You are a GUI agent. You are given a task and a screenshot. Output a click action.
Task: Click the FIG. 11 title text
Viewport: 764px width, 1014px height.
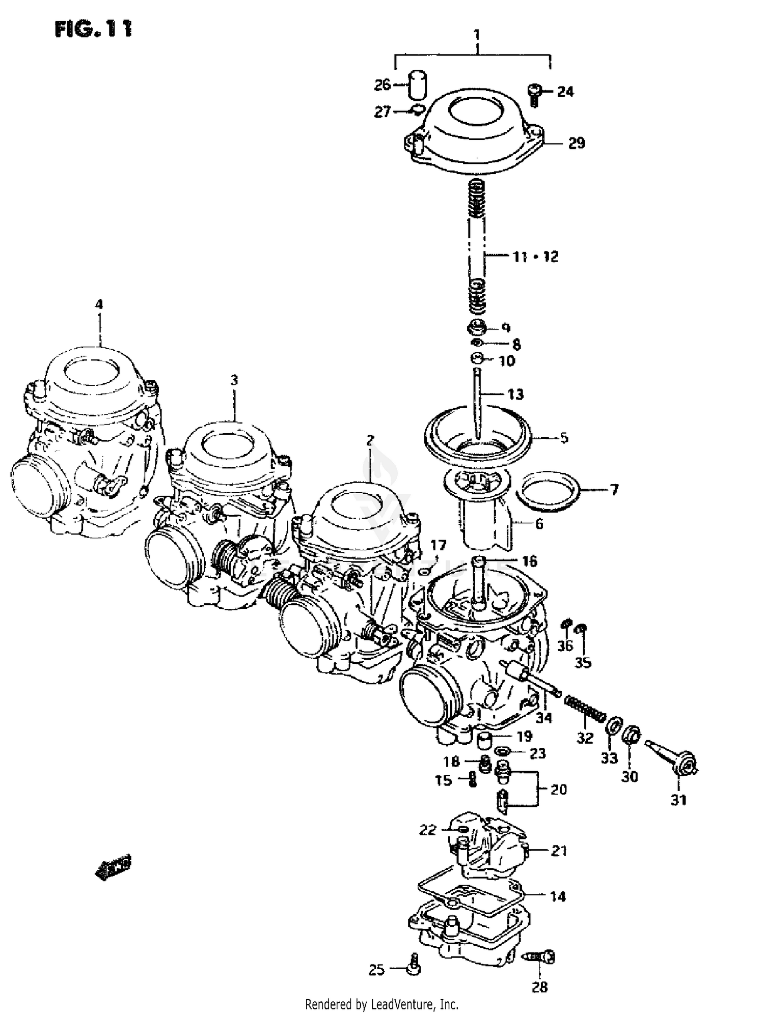(93, 29)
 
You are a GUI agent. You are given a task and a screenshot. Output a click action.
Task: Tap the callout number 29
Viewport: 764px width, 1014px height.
(577, 144)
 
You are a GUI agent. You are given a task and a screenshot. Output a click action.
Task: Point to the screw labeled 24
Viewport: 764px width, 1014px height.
(534, 94)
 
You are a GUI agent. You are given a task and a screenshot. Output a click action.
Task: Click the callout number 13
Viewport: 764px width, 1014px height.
(515, 394)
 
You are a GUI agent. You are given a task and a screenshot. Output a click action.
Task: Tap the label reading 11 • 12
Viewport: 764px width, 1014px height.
(535, 256)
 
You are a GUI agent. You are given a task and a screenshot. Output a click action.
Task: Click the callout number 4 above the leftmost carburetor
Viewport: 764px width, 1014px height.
(99, 304)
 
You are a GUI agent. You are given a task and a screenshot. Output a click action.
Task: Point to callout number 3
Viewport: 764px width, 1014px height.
(234, 380)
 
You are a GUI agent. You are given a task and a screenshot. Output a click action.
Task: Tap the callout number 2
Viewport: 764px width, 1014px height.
(370, 440)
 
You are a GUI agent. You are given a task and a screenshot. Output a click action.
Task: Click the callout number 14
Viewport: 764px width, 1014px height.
(558, 896)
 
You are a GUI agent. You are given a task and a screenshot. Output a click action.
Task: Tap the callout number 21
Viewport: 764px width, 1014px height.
(559, 851)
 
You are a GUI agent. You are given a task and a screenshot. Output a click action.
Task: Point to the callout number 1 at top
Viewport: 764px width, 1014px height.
(477, 35)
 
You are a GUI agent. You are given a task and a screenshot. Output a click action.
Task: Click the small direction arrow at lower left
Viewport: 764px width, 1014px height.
(113, 867)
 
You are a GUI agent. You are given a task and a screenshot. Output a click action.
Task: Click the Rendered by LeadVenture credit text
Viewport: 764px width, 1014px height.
(381, 1004)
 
